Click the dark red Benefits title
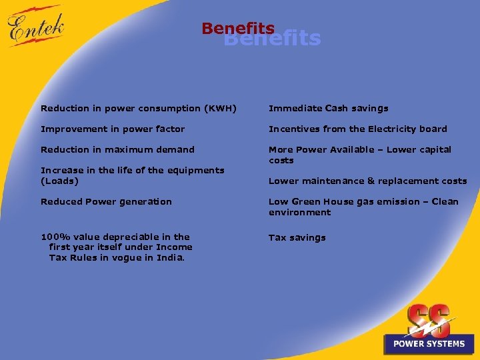(238, 29)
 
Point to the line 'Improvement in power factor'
(113, 129)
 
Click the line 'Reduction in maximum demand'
(117, 149)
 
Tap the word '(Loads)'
(59, 181)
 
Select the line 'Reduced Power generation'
(106, 201)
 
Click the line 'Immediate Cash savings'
(328, 108)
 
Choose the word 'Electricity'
(393, 129)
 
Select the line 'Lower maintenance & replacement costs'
(367, 181)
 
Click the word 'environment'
(299, 212)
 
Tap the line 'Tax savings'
(297, 237)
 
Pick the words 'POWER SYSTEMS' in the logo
(429, 344)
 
